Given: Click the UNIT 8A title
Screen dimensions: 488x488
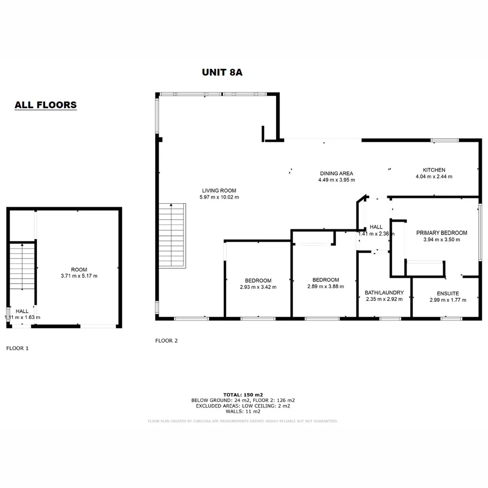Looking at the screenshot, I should tap(222, 72).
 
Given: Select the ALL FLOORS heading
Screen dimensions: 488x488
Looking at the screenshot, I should tap(46, 105).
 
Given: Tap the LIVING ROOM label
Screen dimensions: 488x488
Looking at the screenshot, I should tap(219, 191).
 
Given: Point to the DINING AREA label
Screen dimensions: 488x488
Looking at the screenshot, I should tap(336, 173).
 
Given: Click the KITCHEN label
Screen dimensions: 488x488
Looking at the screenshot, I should tap(434, 170).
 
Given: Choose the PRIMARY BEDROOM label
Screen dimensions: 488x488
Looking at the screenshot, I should tap(441, 233).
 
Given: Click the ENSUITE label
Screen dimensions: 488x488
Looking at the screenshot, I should tap(447, 293).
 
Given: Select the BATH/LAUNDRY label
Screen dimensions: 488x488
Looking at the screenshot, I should tap(384, 293).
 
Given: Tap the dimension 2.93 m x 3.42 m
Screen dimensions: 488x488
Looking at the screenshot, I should tap(258, 287).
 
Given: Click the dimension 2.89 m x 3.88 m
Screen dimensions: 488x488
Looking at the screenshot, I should tap(325, 286).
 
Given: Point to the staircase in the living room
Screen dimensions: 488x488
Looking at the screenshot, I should tap(172, 235).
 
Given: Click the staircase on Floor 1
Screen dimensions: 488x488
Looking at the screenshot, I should tap(22, 266).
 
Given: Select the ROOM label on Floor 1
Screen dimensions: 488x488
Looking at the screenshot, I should tap(79, 269).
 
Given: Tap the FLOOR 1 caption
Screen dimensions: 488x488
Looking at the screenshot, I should tap(17, 348).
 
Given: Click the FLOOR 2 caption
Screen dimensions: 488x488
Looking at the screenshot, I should tap(166, 341).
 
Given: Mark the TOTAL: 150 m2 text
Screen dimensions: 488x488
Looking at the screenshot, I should tap(243, 394).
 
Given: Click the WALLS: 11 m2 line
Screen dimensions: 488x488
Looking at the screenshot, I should tap(243, 412).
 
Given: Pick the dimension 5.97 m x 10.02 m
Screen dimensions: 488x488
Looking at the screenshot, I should tap(219, 197).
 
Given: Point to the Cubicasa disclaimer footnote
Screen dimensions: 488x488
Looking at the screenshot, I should tap(243, 421).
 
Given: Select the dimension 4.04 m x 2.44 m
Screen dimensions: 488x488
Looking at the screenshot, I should tap(434, 177).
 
